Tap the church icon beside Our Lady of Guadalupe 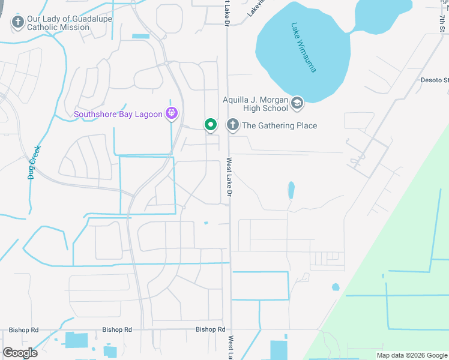point(17,23)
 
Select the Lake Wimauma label point(303,47)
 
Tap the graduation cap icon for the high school point(297,104)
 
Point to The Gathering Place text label point(279,125)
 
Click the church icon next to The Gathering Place point(232,125)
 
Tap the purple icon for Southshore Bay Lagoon point(172,113)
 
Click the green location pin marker point(210,125)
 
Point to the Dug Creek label point(33,162)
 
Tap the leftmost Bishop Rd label point(23,330)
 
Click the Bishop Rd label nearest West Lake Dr point(210,329)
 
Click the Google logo point(20,352)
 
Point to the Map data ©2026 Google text point(412,355)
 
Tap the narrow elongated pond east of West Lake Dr point(291,190)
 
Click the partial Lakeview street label point(255,8)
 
